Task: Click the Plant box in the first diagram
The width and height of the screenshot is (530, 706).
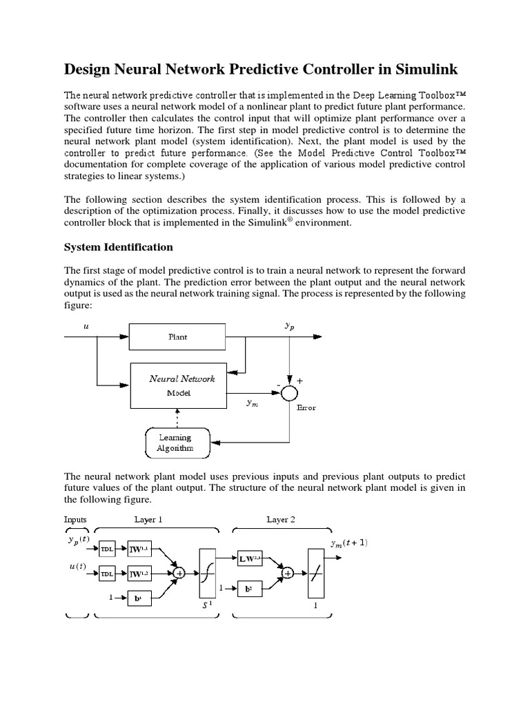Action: click(x=177, y=337)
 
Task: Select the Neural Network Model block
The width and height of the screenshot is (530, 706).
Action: click(x=182, y=385)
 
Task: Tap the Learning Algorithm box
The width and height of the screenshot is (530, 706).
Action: click(x=175, y=443)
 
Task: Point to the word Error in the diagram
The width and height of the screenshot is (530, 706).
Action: click(x=306, y=407)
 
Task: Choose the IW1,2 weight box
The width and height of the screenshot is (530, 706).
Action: click(x=139, y=573)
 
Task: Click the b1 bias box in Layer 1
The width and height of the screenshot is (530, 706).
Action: click(x=139, y=598)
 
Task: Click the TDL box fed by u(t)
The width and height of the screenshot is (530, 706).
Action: click(x=107, y=574)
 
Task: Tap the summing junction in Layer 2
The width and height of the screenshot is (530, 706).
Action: click(x=288, y=573)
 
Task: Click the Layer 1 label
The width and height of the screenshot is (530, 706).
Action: click(x=148, y=519)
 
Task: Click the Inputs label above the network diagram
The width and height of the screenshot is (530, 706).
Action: click(x=76, y=519)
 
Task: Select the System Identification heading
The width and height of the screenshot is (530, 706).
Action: click(x=119, y=247)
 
